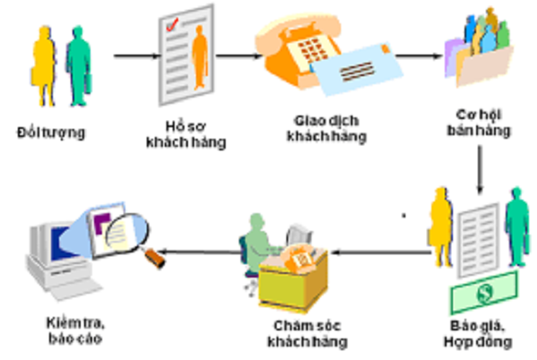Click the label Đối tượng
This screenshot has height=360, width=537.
pyautogui.click(x=51, y=133)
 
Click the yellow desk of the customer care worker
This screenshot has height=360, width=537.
pyautogui.click(x=294, y=278)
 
